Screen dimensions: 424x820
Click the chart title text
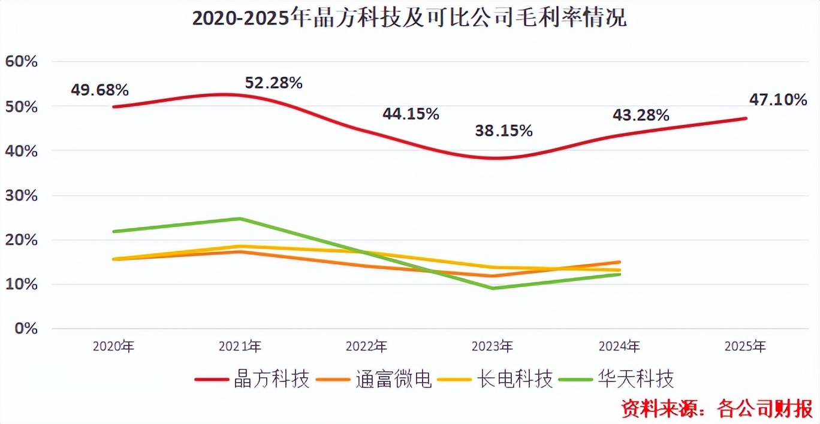[409, 18]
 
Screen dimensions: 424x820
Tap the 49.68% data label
[100, 90]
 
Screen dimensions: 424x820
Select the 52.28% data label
[273, 83]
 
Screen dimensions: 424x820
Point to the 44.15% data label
[411, 114]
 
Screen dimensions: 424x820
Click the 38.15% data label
[504, 131]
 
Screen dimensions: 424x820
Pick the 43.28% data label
[640, 116]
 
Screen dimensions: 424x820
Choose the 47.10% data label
[778, 100]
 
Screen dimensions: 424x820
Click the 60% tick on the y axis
[21, 62]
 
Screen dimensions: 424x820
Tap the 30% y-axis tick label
[21, 196]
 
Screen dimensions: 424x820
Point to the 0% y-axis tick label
[25, 329]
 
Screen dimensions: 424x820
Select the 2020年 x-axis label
[113, 346]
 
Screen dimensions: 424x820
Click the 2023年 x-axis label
[492, 346]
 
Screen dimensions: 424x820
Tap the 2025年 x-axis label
[745, 346]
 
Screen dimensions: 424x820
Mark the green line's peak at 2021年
[239, 219]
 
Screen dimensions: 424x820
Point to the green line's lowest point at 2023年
[493, 288]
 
